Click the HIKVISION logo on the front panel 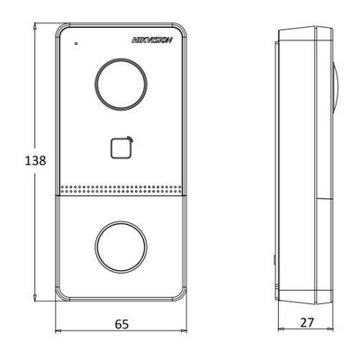coord(152,40)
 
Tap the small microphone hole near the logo coord(76,43)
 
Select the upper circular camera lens coord(121,84)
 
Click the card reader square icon coord(121,148)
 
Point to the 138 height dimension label coord(35,160)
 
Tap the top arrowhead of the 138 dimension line coord(35,27)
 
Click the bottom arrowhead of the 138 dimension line coord(35,297)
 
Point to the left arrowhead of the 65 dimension coord(58,331)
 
